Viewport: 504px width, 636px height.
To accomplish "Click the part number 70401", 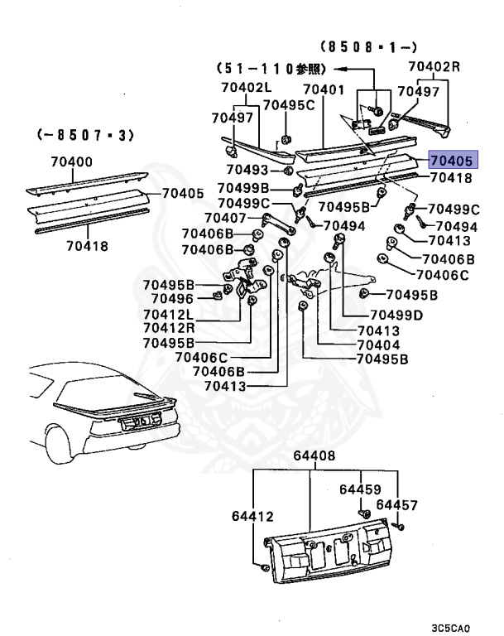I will [324, 89].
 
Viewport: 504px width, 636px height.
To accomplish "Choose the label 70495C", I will [289, 105].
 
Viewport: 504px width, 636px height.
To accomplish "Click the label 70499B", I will [244, 188].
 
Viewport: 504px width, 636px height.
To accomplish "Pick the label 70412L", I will [167, 314].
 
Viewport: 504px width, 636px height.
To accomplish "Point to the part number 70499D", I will [396, 315].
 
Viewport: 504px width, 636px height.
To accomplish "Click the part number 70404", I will [378, 344].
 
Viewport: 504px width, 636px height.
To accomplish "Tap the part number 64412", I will [252, 517].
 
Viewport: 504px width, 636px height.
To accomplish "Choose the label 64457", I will [397, 504].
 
